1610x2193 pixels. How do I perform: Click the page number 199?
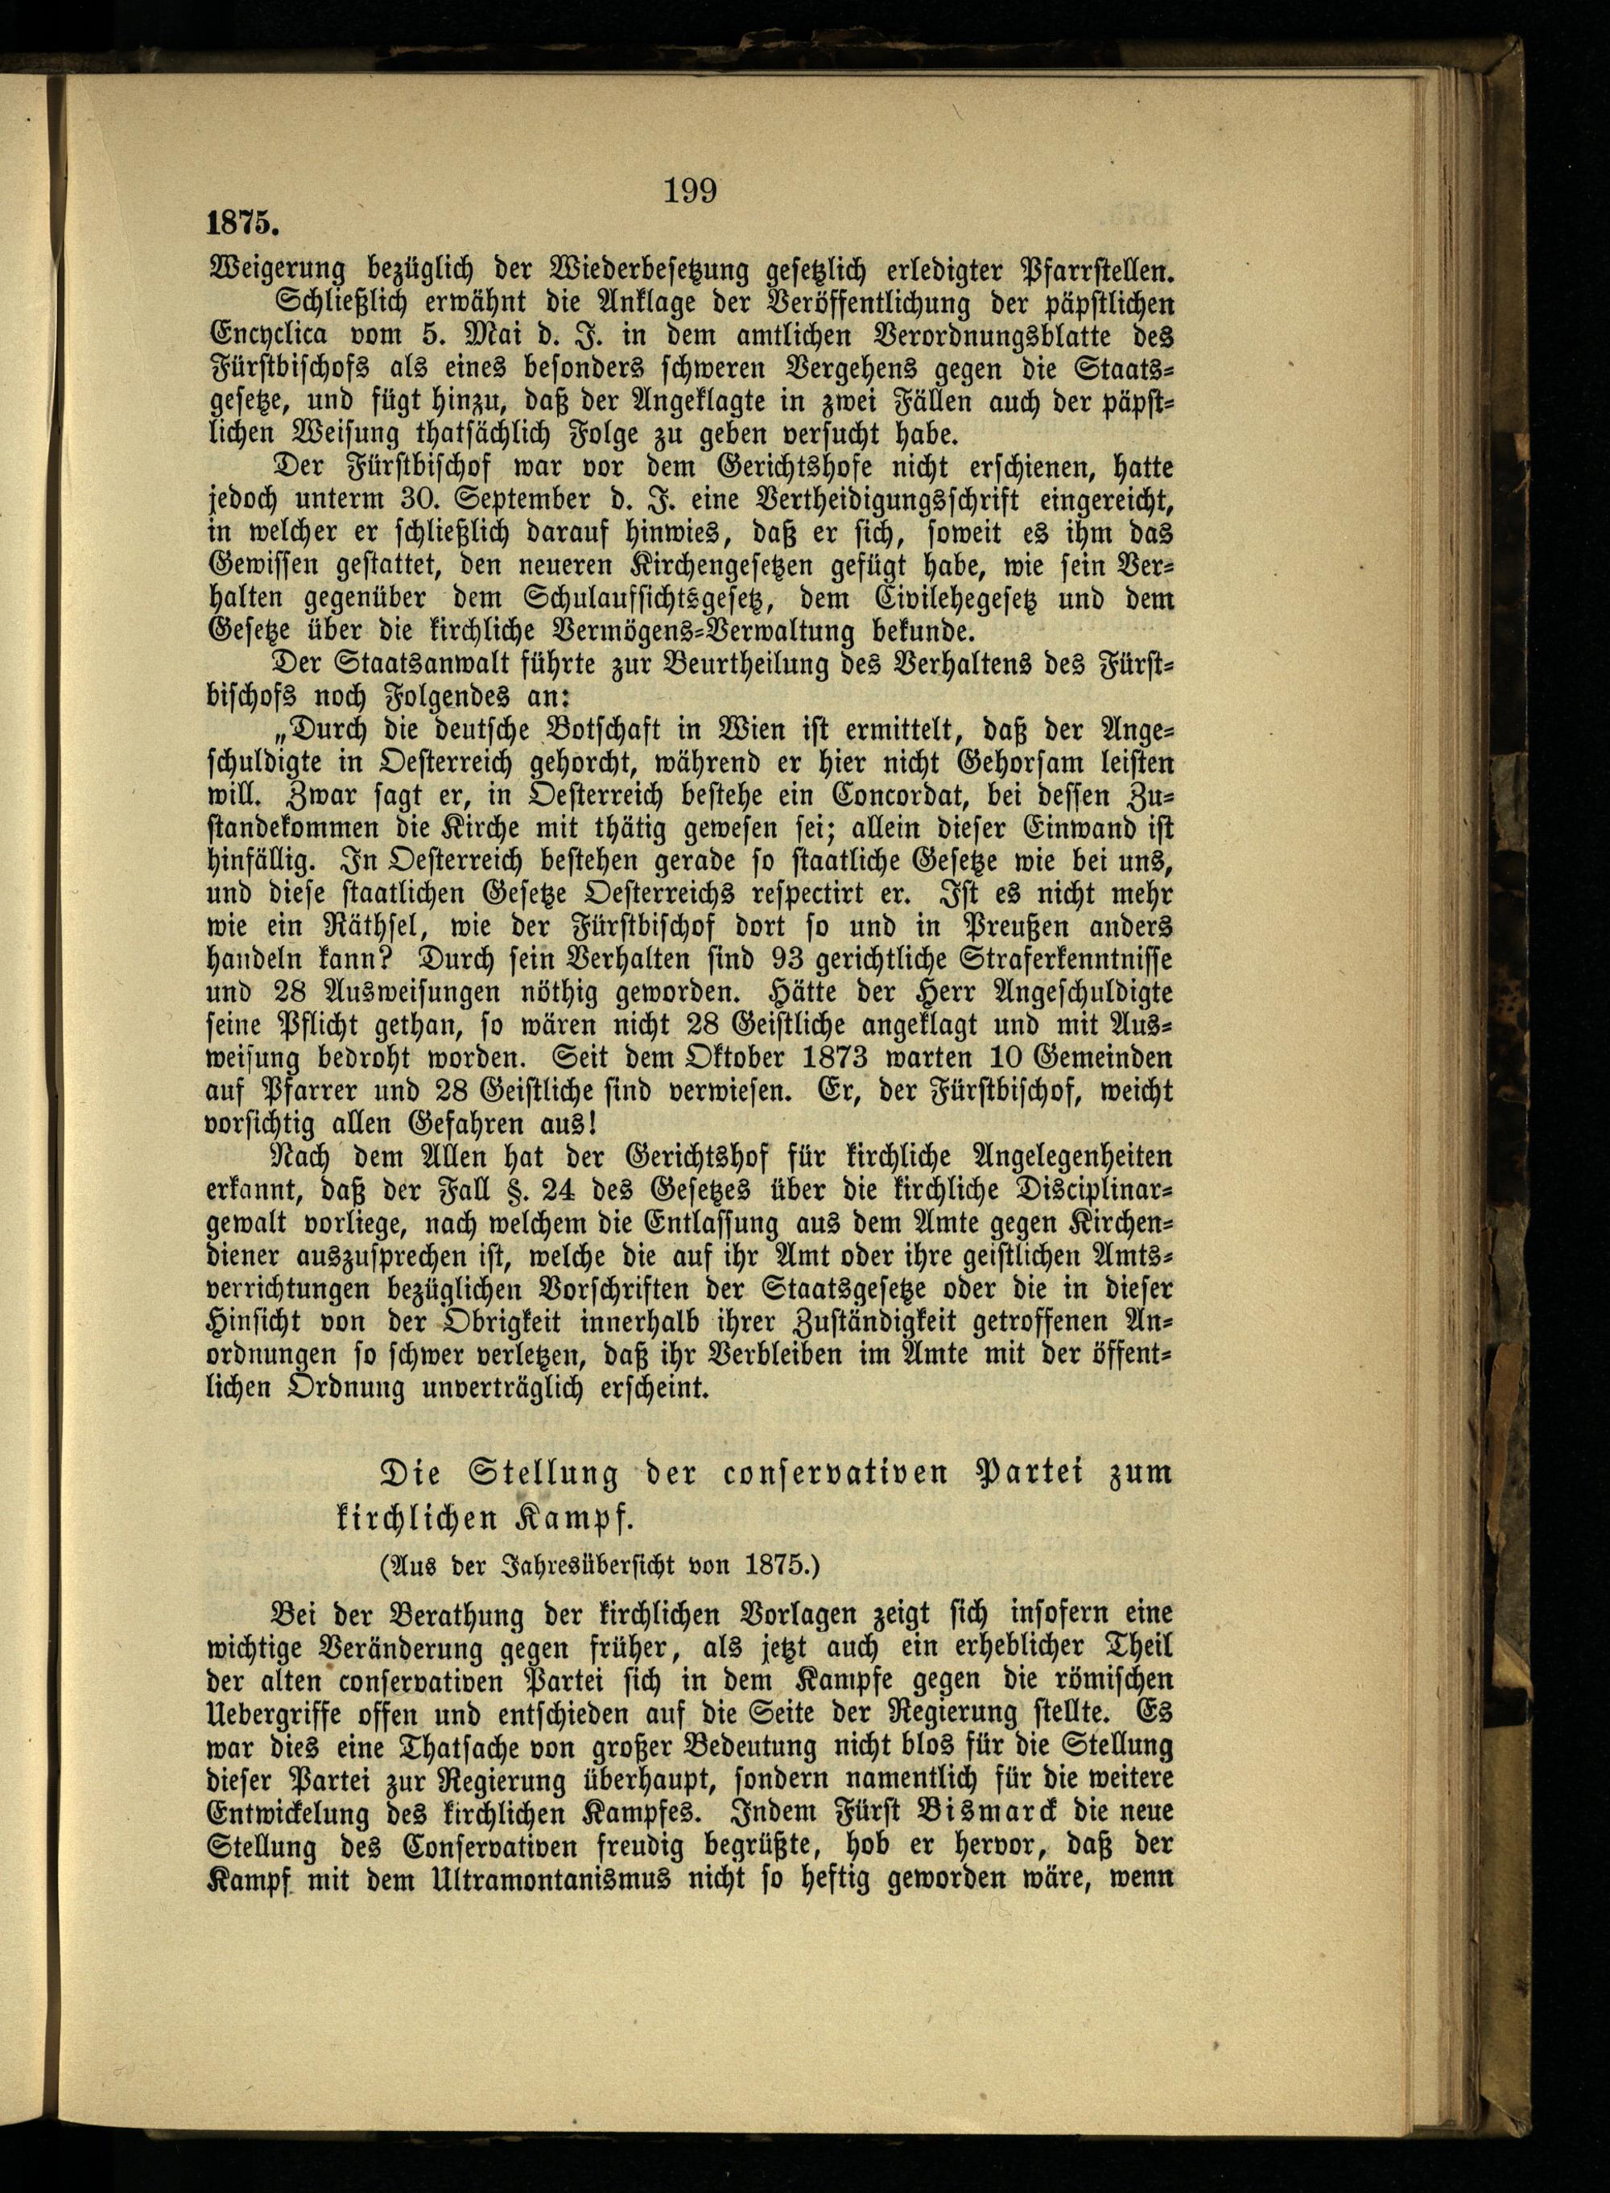(x=690, y=190)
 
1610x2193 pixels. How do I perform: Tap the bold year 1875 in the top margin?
(x=242, y=223)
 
